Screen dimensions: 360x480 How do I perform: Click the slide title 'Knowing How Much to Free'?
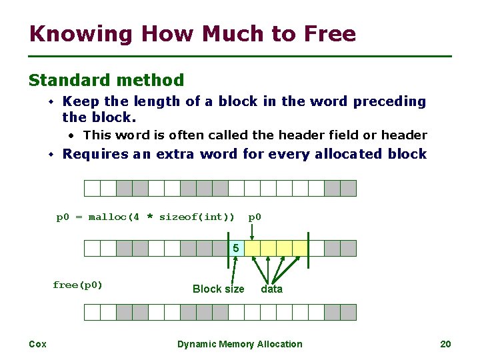tap(193, 33)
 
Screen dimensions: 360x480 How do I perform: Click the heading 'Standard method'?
tap(106, 81)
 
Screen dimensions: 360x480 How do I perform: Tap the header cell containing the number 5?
tap(236, 249)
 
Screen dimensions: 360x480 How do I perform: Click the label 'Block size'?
tap(218, 289)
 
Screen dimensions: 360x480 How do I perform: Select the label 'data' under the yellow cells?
tap(271, 289)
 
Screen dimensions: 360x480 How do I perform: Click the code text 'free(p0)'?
tap(78, 285)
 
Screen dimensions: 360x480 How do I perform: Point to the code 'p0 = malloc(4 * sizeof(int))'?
tap(145, 217)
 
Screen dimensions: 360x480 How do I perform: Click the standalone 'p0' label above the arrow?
tap(255, 217)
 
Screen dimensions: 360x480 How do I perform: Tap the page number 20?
tap(446, 344)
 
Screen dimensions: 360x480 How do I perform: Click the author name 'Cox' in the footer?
tap(37, 344)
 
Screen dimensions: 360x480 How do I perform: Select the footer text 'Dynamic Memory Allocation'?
tap(239, 344)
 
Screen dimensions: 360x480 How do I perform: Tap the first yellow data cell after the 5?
tap(252, 249)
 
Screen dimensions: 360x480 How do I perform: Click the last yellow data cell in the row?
tap(300, 249)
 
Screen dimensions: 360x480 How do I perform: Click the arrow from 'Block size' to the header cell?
tap(234, 270)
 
